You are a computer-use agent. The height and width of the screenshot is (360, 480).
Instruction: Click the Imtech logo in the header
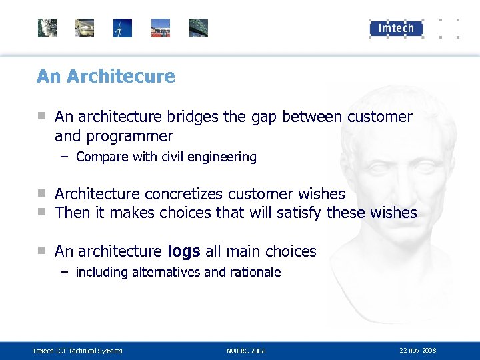click(x=396, y=28)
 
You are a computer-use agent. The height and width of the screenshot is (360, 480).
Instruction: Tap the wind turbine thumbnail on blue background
click(x=123, y=28)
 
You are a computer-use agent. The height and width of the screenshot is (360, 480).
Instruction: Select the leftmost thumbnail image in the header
click(x=47, y=28)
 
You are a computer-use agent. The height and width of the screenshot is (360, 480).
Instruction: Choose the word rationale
click(x=255, y=272)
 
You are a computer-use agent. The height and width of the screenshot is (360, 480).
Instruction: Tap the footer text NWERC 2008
click(x=246, y=351)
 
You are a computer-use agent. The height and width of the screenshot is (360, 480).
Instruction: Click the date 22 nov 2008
click(x=417, y=350)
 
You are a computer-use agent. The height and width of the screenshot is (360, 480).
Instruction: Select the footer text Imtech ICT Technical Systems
click(x=78, y=351)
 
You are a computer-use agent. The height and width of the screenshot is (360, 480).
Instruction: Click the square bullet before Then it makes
click(x=41, y=212)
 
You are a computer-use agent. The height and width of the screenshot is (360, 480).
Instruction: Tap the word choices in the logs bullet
click(x=291, y=251)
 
